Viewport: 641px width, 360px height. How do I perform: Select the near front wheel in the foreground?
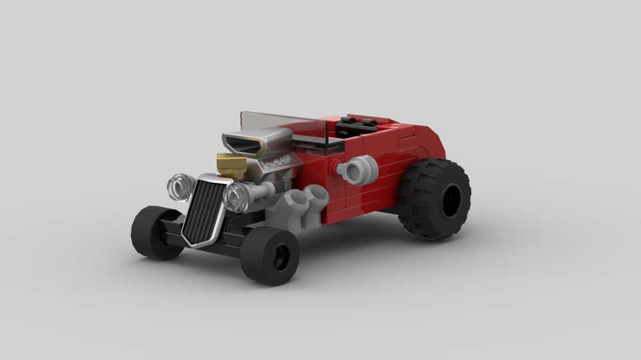[x=269, y=255]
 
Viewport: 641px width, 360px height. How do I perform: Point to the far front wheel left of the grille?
[x=154, y=232]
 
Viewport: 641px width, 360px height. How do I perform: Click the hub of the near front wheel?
[x=280, y=258]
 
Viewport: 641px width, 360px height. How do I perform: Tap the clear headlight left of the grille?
[x=180, y=186]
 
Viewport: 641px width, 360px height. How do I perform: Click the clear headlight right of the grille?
[x=236, y=197]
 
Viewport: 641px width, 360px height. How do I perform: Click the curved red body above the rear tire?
[x=429, y=141]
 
